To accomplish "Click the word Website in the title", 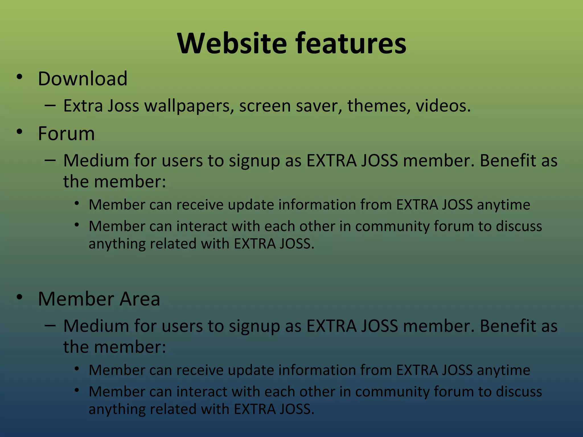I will tap(232, 43).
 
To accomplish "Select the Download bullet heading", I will tap(83, 79).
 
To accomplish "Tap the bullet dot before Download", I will tap(19, 77).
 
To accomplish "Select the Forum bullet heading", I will tap(66, 133).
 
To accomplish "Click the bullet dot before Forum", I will tap(19, 132).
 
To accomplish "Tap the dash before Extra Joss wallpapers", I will tap(50, 105).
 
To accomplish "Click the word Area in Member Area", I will tap(140, 299).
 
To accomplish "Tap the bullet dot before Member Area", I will tap(19, 297).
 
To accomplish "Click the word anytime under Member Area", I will tap(503, 370).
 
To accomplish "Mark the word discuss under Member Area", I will tap(519, 391).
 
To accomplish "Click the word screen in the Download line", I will tap(265, 106).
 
